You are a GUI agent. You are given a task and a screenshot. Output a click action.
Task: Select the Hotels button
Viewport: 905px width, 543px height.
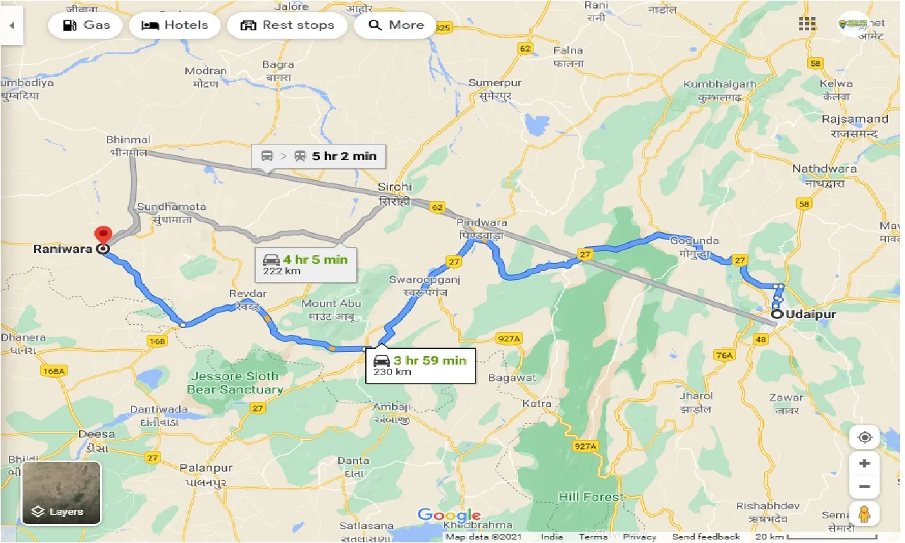(x=175, y=25)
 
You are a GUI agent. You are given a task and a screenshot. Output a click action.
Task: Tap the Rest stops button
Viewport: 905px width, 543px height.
(x=287, y=25)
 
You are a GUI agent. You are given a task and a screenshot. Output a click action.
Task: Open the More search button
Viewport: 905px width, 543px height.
(x=395, y=25)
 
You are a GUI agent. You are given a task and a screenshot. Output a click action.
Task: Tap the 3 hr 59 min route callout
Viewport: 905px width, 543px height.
(x=420, y=365)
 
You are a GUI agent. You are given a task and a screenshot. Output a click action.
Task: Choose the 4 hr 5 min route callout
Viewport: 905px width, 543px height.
(x=305, y=264)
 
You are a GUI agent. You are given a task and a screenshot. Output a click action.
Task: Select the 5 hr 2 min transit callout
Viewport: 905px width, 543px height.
(x=319, y=156)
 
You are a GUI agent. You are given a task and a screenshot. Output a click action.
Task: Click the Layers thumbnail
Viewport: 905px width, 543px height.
(x=61, y=493)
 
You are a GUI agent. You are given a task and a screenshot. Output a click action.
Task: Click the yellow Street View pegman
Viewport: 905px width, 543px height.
(x=865, y=514)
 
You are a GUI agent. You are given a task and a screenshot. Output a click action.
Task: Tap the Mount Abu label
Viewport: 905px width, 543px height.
(x=331, y=308)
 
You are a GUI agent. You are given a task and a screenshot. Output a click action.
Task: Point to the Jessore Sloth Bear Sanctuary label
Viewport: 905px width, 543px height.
(x=235, y=383)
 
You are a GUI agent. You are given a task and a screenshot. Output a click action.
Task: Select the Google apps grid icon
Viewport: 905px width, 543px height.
(x=807, y=24)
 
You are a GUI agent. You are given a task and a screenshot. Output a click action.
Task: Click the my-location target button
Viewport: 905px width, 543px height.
(x=865, y=437)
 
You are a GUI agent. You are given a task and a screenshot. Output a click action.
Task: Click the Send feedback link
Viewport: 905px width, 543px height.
(x=706, y=537)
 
